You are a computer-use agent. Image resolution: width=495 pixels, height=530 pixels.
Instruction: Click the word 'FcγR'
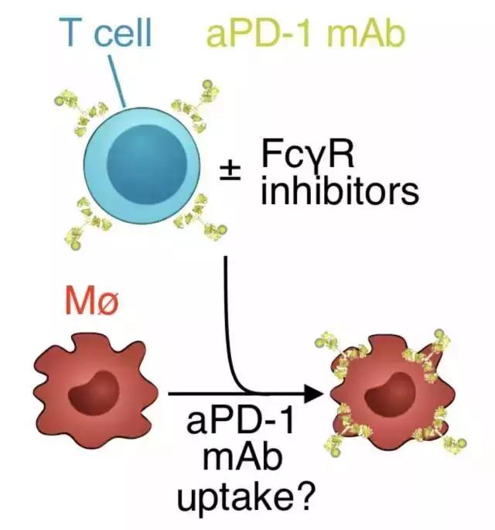click(306, 159)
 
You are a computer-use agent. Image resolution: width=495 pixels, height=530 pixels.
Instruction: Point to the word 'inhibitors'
click(339, 190)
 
